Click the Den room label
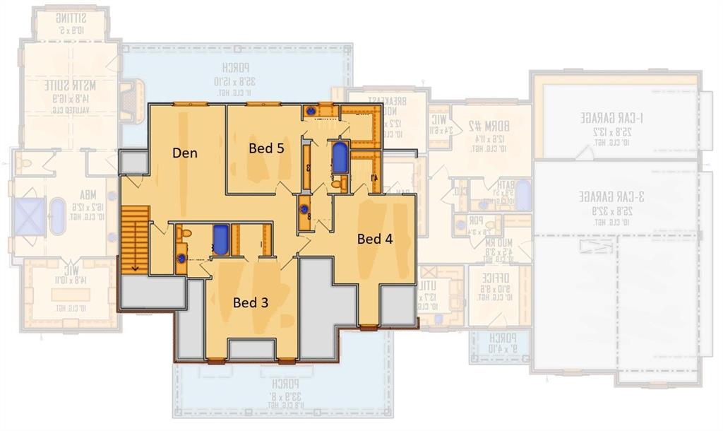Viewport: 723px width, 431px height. click(x=185, y=153)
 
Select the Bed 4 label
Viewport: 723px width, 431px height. click(x=374, y=239)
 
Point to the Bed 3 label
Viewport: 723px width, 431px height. click(x=251, y=302)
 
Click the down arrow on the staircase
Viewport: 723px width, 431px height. click(x=133, y=267)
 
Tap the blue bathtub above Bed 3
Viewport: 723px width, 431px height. click(x=221, y=241)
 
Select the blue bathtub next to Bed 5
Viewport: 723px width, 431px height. click(x=340, y=158)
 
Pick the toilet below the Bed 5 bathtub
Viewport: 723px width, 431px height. click(x=337, y=184)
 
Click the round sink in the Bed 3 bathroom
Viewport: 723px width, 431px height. click(x=181, y=259)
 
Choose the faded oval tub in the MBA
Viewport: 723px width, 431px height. click(x=56, y=215)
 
